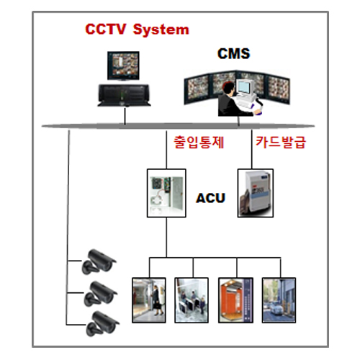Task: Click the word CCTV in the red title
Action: (x=105, y=29)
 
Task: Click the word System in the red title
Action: (x=161, y=30)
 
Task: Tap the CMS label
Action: (x=234, y=53)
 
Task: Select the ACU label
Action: (x=210, y=198)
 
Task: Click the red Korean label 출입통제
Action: (x=199, y=142)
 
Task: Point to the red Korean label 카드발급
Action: (x=281, y=142)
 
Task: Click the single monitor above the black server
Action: (x=123, y=66)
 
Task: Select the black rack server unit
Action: (x=124, y=95)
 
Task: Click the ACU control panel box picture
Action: (x=166, y=193)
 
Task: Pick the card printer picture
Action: (x=256, y=193)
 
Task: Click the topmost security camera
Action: (x=99, y=261)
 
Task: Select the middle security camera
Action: (x=100, y=294)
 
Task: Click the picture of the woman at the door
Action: (x=149, y=300)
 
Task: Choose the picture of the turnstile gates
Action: (x=192, y=300)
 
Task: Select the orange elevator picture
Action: (x=235, y=300)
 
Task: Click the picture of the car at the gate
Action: (x=279, y=300)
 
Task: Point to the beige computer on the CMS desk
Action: (x=245, y=91)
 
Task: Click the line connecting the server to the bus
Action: (x=125, y=116)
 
